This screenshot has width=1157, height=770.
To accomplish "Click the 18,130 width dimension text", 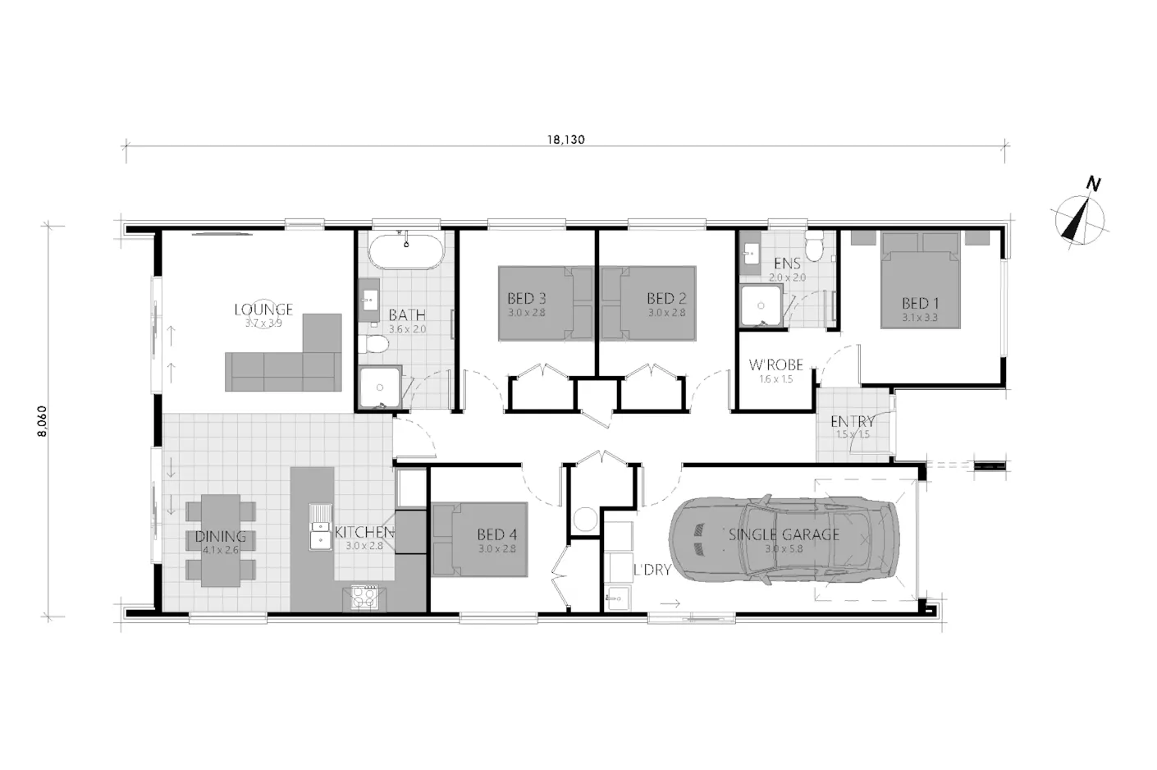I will pyautogui.click(x=565, y=140).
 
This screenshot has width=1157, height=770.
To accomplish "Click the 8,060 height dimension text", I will pyautogui.click(x=42, y=419).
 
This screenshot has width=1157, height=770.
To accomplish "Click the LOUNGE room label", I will pyautogui.click(x=263, y=309).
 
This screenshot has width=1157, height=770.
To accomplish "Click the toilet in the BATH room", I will pyautogui.click(x=376, y=345).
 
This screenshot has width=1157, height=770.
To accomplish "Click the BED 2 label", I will pyautogui.click(x=665, y=299).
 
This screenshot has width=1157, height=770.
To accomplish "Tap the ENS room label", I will pyautogui.click(x=787, y=264).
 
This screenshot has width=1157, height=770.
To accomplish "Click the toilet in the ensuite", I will pyautogui.click(x=814, y=246).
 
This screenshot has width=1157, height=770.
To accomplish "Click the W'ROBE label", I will pyautogui.click(x=775, y=365).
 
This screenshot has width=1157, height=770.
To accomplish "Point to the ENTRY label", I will pyautogui.click(x=853, y=421).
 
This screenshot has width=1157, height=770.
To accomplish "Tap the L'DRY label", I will pyautogui.click(x=652, y=570).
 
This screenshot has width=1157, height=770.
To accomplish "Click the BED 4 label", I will pyautogui.click(x=496, y=535).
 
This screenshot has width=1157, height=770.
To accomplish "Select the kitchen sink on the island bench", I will pyautogui.click(x=319, y=530).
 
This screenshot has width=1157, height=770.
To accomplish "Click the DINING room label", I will pyautogui.click(x=220, y=537).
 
